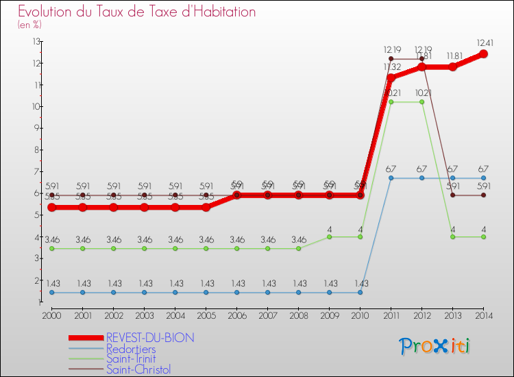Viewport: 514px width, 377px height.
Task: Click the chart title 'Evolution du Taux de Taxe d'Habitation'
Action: [136, 12]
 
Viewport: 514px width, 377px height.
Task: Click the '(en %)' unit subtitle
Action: [29, 25]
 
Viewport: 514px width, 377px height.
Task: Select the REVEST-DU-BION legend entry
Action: [150, 338]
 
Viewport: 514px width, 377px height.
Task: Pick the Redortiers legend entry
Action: [131, 349]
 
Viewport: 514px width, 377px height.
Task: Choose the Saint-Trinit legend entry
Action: [131, 359]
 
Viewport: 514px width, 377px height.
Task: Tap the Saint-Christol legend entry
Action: [138, 369]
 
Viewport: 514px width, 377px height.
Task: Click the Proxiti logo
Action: [435, 346]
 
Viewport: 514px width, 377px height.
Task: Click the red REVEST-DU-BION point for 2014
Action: [484, 53]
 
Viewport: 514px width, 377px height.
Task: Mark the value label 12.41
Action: [484, 42]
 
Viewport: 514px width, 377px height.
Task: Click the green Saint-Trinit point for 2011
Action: [391, 102]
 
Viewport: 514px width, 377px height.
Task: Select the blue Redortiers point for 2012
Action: [422, 178]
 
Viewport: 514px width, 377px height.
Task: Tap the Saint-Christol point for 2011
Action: [391, 59]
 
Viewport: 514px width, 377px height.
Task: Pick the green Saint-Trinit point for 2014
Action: [484, 237]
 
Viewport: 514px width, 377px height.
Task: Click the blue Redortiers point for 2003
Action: [144, 293]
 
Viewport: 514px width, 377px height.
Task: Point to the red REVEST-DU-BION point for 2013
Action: [453, 66]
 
